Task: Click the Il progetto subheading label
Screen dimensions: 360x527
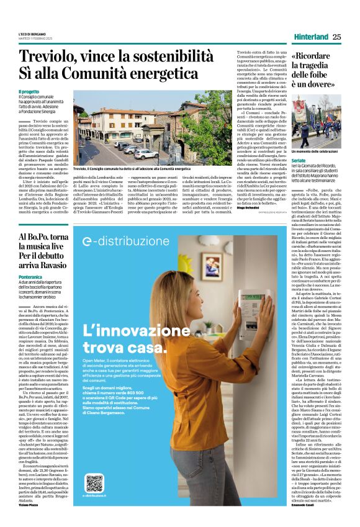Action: (x=29, y=92)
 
